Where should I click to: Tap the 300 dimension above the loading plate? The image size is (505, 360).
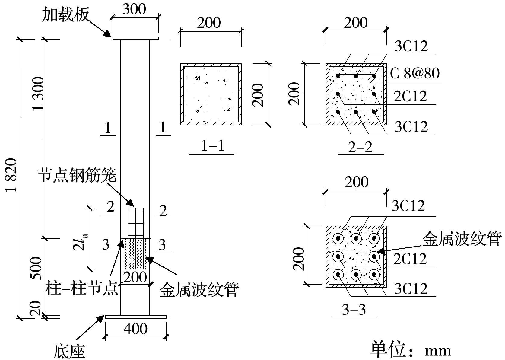coord(134,9)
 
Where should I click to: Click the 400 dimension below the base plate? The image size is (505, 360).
coord(135,329)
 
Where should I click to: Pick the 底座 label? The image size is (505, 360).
coord(70,351)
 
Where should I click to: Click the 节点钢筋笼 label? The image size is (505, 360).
coord(77,175)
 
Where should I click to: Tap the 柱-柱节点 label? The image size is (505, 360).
coord(82,289)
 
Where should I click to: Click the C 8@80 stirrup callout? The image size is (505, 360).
coord(415,73)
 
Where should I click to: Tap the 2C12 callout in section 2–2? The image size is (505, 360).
coord(410,97)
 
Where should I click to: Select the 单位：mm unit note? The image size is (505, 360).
coord(410,350)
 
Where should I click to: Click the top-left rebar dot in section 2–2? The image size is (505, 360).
coord(338,76)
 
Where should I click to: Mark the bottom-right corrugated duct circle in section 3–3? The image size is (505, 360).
coord(374,275)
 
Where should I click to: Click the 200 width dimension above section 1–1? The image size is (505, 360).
coord(209,23)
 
